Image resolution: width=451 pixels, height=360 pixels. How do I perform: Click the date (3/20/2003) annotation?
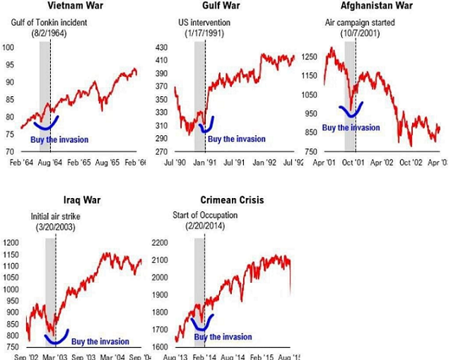click(55, 227)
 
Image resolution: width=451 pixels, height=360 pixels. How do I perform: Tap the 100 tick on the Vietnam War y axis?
click(8, 48)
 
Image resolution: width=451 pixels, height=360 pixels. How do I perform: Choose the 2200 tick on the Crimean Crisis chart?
click(161, 243)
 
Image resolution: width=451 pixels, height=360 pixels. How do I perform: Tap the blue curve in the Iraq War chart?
click(55, 337)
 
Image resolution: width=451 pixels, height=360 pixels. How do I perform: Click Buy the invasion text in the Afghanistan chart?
click(351, 128)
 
